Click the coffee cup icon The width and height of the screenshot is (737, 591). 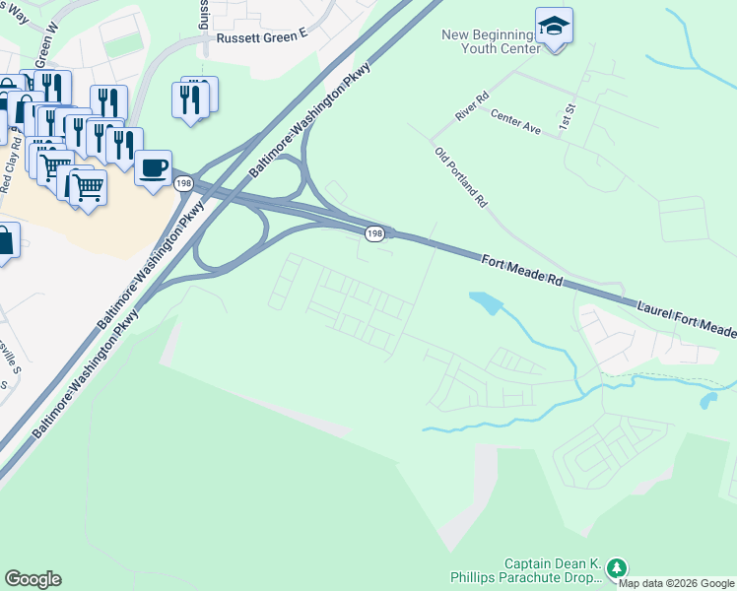tap(153, 168)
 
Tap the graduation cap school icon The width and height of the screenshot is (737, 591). tap(554, 27)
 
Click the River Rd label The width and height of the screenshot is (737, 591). tap(472, 107)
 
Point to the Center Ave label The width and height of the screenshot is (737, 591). tap(516, 122)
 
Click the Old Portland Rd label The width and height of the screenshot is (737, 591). tap(461, 176)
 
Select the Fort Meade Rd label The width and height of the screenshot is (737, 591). tap(521, 270)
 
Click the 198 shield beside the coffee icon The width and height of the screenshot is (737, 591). tap(183, 183)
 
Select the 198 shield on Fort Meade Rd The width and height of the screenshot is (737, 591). tap(373, 233)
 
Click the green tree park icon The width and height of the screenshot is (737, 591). tap(617, 568)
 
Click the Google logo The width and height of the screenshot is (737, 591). tap(33, 579)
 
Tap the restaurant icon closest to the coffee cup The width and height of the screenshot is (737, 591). tap(125, 144)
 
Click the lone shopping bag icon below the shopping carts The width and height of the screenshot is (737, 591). tap(5, 240)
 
